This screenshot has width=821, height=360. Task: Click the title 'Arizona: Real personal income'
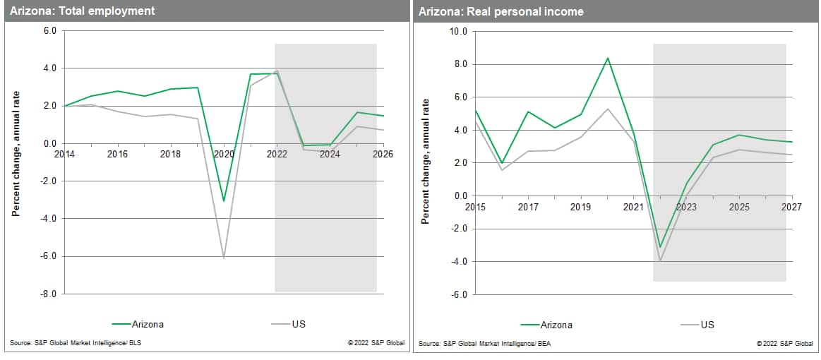(501, 11)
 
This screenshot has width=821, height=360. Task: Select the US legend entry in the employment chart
(297, 324)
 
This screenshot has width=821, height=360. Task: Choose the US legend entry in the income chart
(707, 325)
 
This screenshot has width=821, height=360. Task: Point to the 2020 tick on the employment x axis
(224, 153)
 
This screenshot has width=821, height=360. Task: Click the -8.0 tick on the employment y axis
(50, 294)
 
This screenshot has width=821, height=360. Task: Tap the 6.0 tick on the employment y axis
(50, 31)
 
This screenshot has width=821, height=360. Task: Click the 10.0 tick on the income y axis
(458, 32)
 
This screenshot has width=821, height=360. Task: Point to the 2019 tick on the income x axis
(580, 207)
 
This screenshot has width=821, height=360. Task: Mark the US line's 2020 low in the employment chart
(224, 258)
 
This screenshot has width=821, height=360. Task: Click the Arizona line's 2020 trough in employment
(224, 201)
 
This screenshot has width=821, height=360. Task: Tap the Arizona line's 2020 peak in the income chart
(607, 58)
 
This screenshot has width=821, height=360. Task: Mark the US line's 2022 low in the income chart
(660, 261)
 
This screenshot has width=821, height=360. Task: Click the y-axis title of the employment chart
(16, 162)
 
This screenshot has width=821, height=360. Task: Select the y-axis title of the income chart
(425, 162)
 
